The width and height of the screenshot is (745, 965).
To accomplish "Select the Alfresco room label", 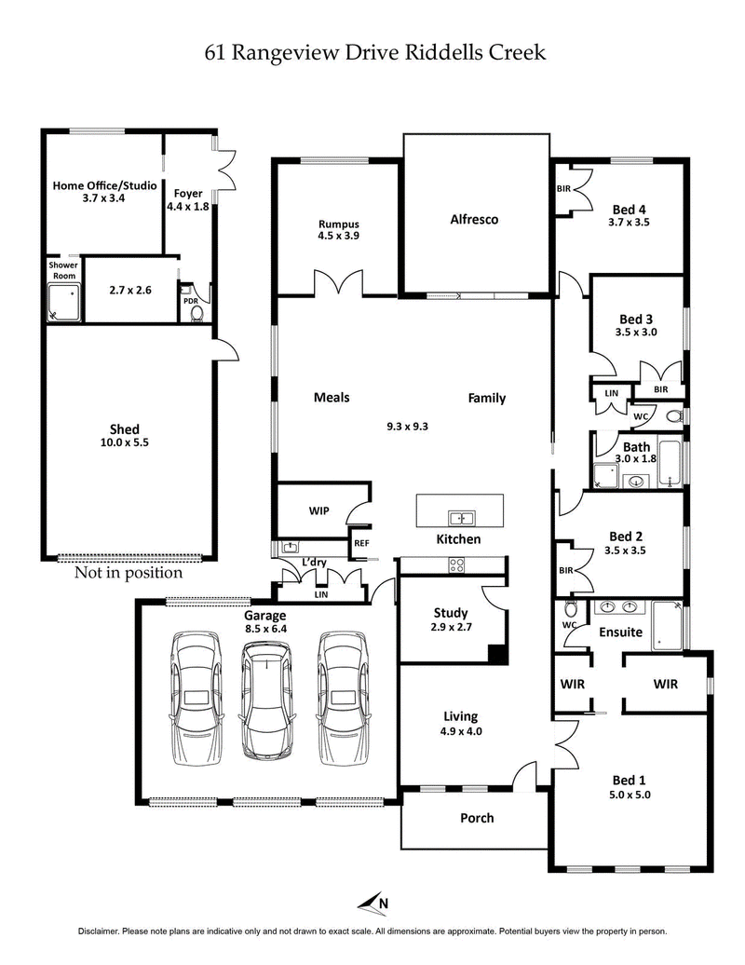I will tap(474, 220).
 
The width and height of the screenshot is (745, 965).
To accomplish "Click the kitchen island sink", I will tap(459, 518).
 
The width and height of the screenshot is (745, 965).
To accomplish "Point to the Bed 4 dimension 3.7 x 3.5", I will tap(629, 223).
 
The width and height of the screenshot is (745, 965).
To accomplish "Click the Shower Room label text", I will tap(63, 270).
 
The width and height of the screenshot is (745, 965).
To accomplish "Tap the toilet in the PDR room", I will tap(196, 314).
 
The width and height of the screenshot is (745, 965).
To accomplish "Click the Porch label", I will tap(477, 818).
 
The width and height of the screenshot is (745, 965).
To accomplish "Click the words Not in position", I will tap(129, 573).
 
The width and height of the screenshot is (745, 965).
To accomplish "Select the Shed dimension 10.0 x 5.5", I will tap(125, 443).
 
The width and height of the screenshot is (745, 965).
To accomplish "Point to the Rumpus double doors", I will tap(336, 283).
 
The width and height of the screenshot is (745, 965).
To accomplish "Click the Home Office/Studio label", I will tap(104, 184).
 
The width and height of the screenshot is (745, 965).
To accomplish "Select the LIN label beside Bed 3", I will tap(611, 394).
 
